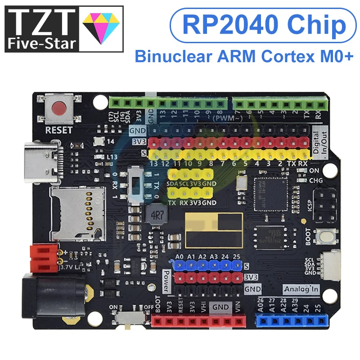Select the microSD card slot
click(x=77, y=213)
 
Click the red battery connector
click(x=44, y=258)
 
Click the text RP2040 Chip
click(x=258, y=26)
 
